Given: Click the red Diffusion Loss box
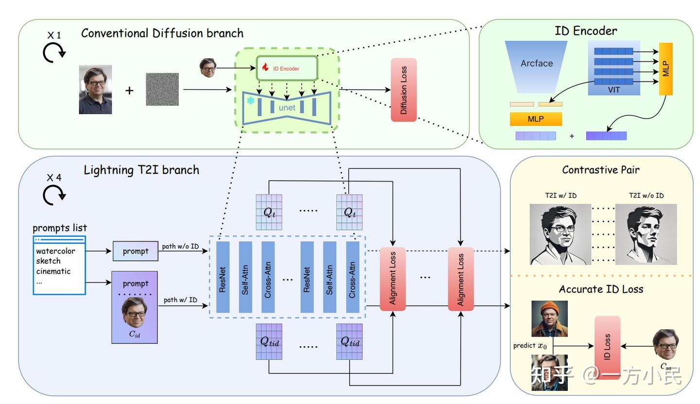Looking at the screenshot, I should coord(403,90).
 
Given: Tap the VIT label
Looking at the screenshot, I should coord(613,90).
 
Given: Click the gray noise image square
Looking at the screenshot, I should coord(162,89).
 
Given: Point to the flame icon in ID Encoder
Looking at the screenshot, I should coord(265,67).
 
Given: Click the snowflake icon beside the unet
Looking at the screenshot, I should coord(250,101).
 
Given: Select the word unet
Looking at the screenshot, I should coord(287,107).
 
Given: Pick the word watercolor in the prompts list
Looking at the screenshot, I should coord(55,251).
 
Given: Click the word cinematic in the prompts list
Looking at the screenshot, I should coord(53,271).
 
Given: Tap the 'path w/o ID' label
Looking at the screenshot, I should coord(180,246).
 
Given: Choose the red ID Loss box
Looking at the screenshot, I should coord(607,347).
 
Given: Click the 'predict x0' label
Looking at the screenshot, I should coord(530,346).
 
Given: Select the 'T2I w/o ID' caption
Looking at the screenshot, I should coord(646,195).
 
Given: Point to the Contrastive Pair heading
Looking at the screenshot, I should coord(600,170).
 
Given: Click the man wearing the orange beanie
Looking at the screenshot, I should coord(549,319).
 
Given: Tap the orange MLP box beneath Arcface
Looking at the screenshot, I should coord(536,119).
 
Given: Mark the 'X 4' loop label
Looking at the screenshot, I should coord(53,178).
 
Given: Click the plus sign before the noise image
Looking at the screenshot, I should coord(129,90).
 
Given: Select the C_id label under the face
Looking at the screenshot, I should coord(134,334).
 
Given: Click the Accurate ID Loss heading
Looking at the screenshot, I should coord(601,289).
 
